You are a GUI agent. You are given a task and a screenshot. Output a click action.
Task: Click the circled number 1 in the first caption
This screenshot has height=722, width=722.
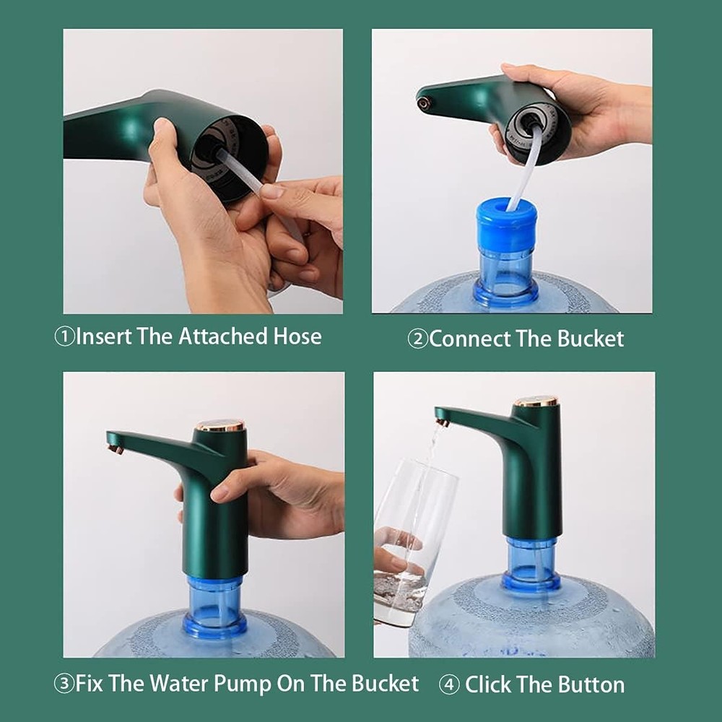pyautogui.click(x=64, y=337)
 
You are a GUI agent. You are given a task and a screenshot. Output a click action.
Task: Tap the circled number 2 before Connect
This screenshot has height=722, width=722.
pyautogui.click(x=417, y=339)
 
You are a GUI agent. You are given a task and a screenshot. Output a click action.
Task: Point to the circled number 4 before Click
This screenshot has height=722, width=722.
pyautogui.click(x=449, y=684)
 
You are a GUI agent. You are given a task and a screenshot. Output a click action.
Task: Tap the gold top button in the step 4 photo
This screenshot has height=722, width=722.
pyautogui.click(x=536, y=401)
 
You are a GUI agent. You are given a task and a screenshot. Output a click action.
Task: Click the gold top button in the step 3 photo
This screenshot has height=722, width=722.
pyautogui.click(x=220, y=426)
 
